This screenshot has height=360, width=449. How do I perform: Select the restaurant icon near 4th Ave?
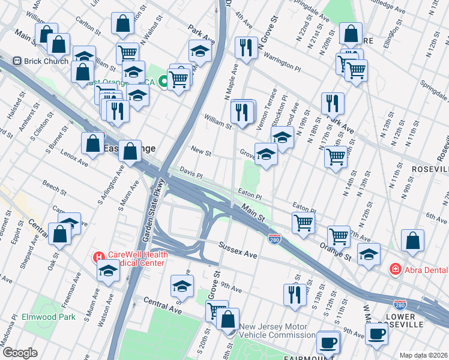click(x=245, y=48)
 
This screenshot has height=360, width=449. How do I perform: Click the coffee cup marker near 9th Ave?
click(x=376, y=334)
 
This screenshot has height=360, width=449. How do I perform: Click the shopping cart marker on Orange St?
click(x=339, y=236)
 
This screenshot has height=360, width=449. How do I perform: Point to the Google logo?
click(x=20, y=353)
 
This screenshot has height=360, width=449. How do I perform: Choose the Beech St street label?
click(x=54, y=188)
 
